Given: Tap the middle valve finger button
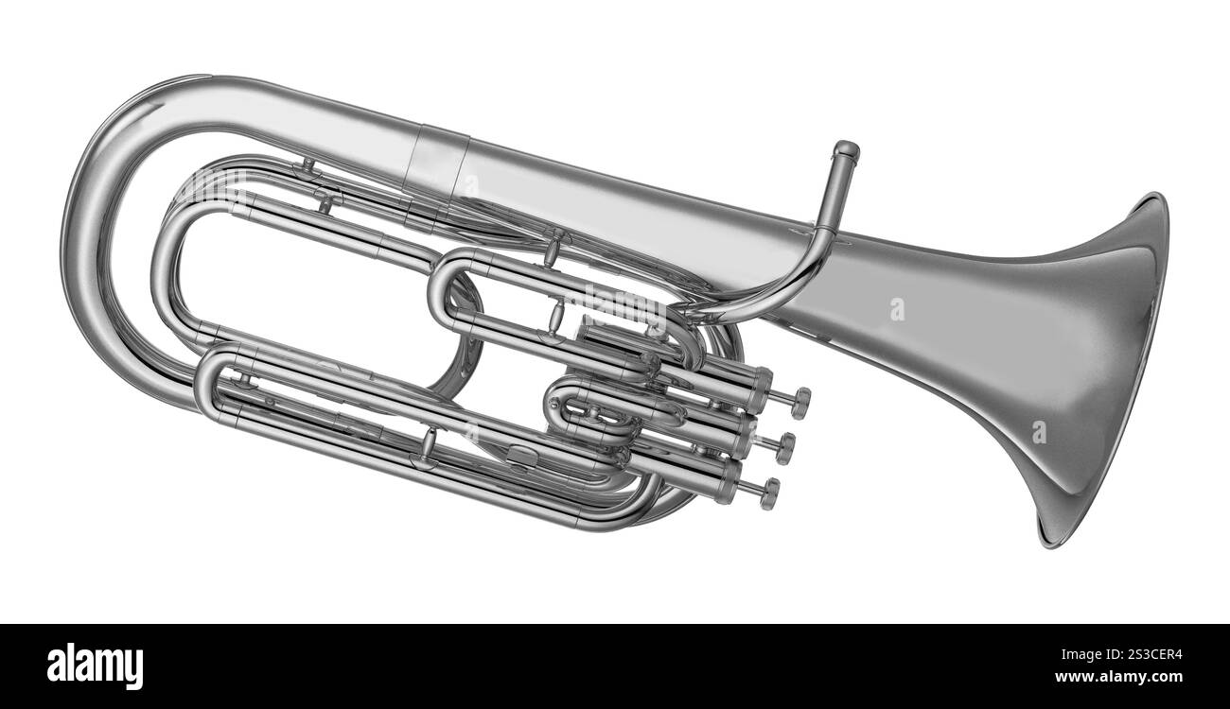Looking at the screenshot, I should tap(785, 448).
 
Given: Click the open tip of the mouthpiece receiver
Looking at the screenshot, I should tap(846, 149).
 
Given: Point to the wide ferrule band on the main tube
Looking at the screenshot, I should tap(436, 163).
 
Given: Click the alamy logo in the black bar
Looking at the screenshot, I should tap(95, 666).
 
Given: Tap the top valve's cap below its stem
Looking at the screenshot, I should tap(760, 389).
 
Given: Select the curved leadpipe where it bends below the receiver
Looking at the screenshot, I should tap(795, 284).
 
